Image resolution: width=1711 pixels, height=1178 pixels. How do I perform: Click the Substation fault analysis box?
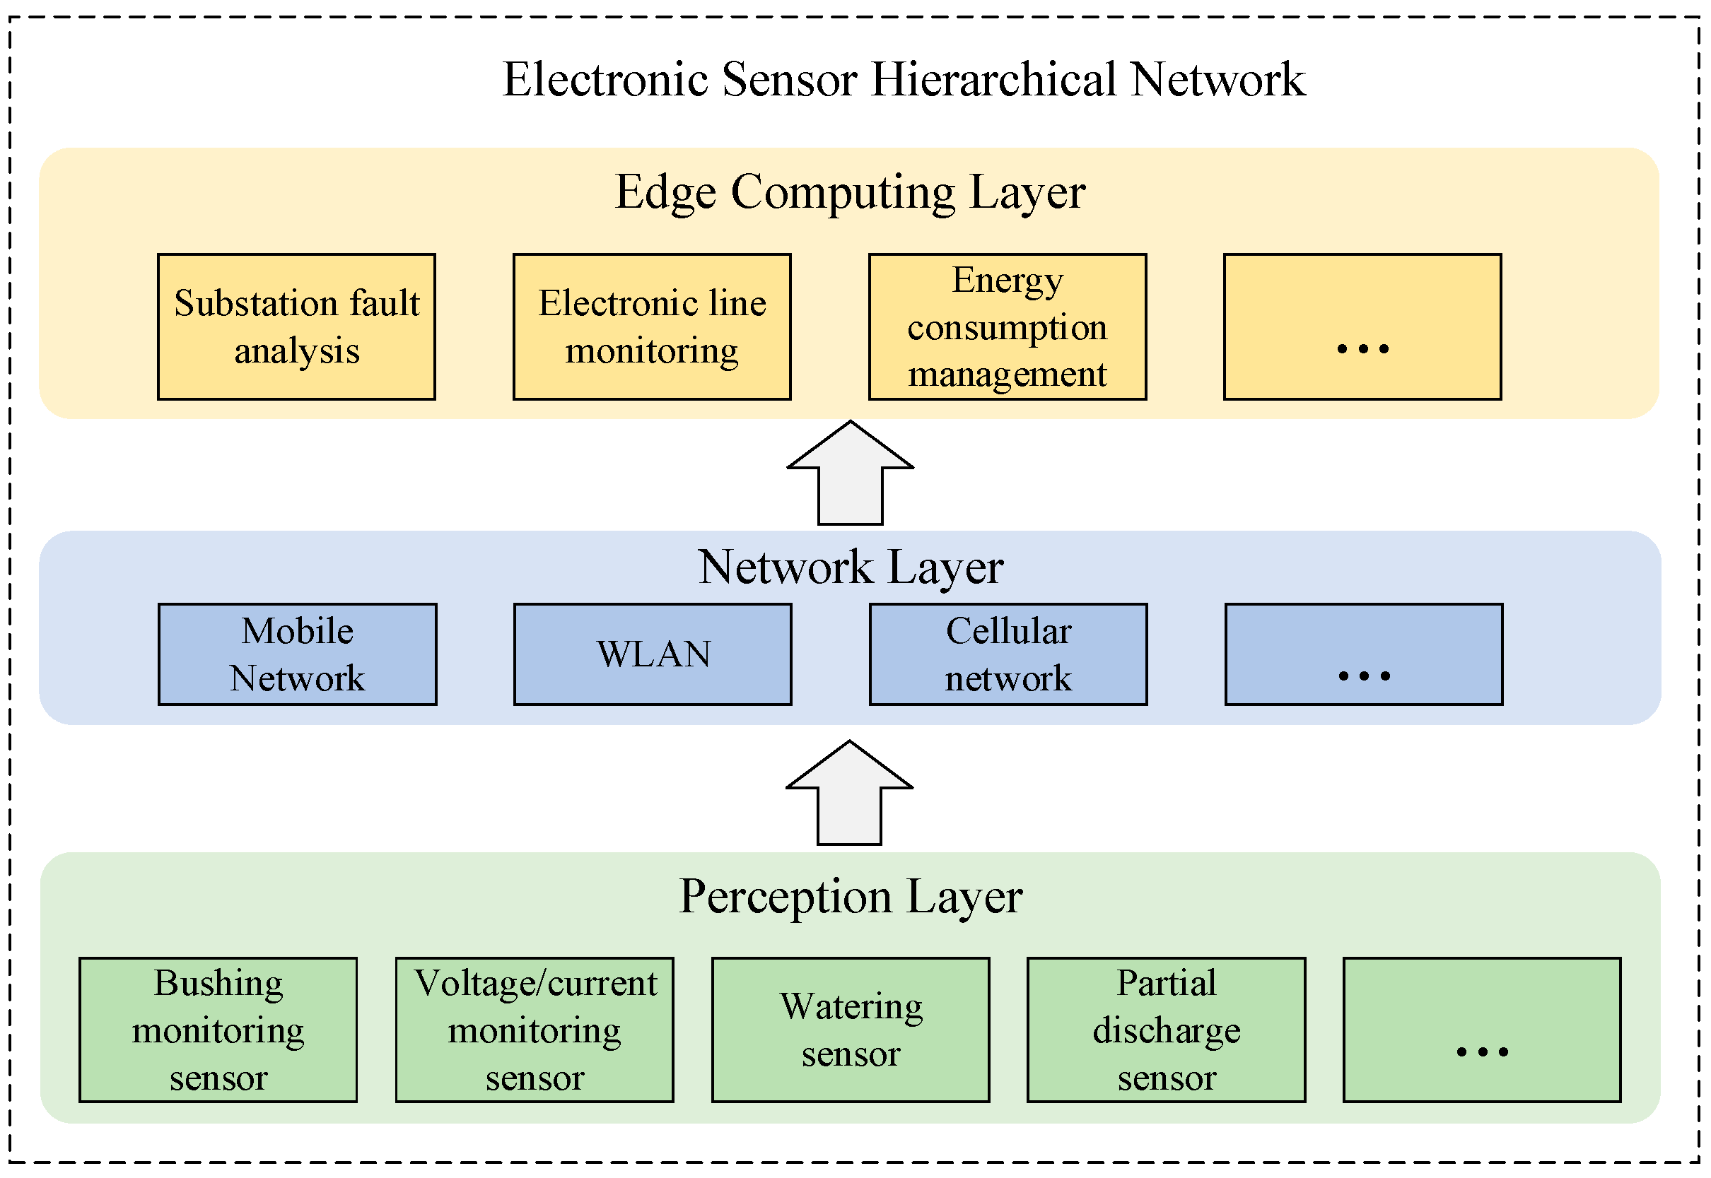(296, 327)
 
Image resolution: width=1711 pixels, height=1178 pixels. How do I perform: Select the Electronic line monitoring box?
(651, 327)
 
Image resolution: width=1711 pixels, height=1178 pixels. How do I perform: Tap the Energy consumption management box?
(1007, 327)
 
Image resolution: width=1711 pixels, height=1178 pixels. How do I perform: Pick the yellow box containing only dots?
(1362, 327)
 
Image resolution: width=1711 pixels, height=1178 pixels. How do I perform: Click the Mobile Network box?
(297, 654)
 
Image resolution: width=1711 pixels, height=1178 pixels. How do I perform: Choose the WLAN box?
(652, 654)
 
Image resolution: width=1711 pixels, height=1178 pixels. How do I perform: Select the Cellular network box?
(1008, 654)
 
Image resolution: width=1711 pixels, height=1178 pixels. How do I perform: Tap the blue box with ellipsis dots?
(1363, 654)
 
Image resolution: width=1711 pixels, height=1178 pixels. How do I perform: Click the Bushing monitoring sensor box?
(218, 1030)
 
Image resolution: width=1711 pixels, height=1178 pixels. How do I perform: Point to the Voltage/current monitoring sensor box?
(534, 1030)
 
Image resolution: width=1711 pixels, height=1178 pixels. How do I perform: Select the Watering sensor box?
(850, 1030)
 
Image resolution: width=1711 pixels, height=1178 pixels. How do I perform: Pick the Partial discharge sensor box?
(1165, 1030)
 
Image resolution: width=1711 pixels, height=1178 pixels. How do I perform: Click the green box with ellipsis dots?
(1481, 1030)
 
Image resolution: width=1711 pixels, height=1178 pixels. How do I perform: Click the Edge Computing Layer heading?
(849, 193)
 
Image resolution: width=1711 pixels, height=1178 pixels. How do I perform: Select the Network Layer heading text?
(850, 567)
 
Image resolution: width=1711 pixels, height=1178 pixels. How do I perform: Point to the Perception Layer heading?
(850, 897)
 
